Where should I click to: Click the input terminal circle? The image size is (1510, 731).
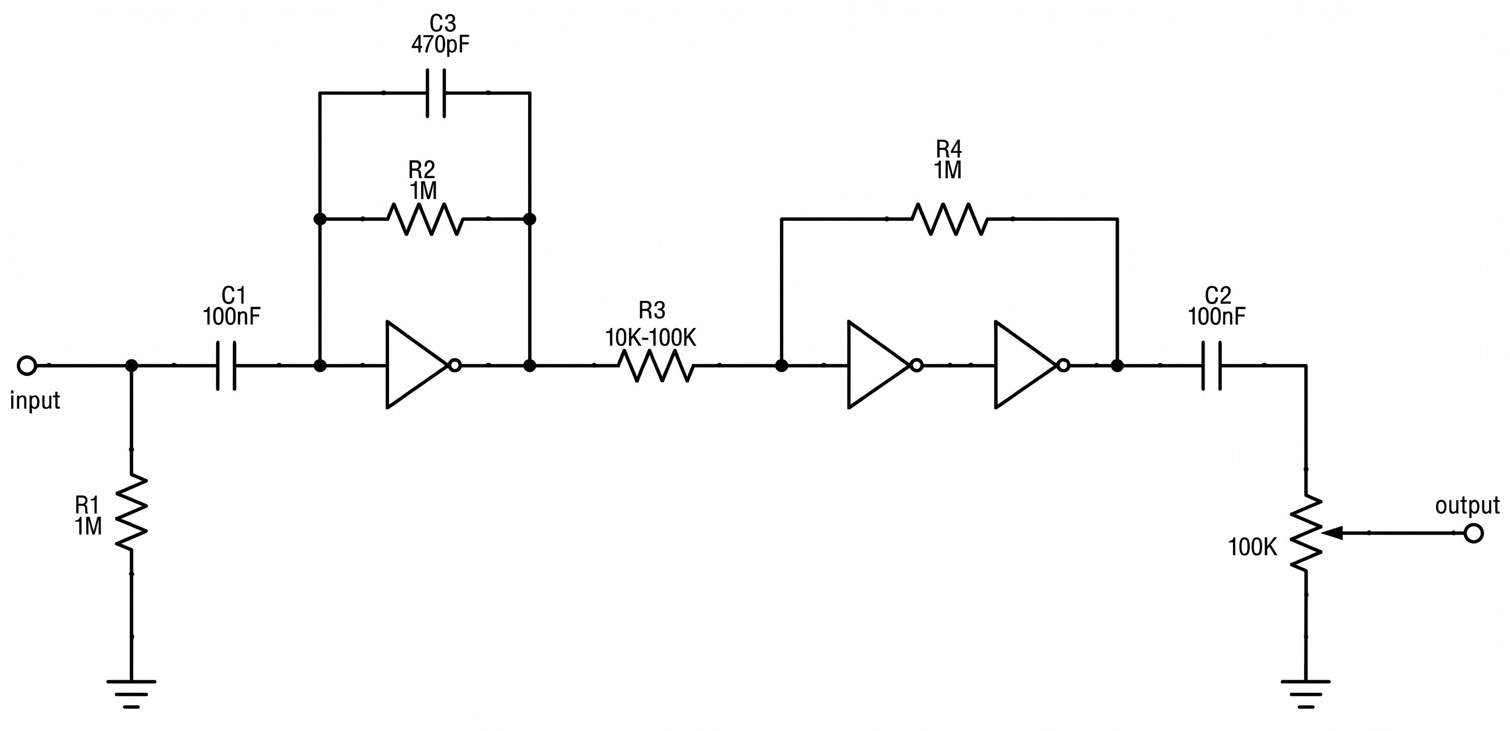pos(27,365)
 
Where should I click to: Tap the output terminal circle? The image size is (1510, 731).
pos(1473,534)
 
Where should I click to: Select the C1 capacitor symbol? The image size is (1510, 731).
pos(226,365)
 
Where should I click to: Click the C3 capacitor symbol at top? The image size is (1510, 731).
pos(435,93)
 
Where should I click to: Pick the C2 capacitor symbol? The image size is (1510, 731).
pos(1211,365)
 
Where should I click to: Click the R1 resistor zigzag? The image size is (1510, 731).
pos(131,512)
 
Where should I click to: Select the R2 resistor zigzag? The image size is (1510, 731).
pos(425,219)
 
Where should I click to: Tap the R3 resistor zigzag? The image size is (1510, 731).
pos(656,365)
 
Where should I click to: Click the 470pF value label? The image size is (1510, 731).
pos(440,45)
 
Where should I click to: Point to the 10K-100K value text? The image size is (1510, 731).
pos(650,339)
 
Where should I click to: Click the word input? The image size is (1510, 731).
pos(35,401)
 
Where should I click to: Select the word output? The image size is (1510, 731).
pos(1467,506)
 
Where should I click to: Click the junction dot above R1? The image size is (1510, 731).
pos(131,365)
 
